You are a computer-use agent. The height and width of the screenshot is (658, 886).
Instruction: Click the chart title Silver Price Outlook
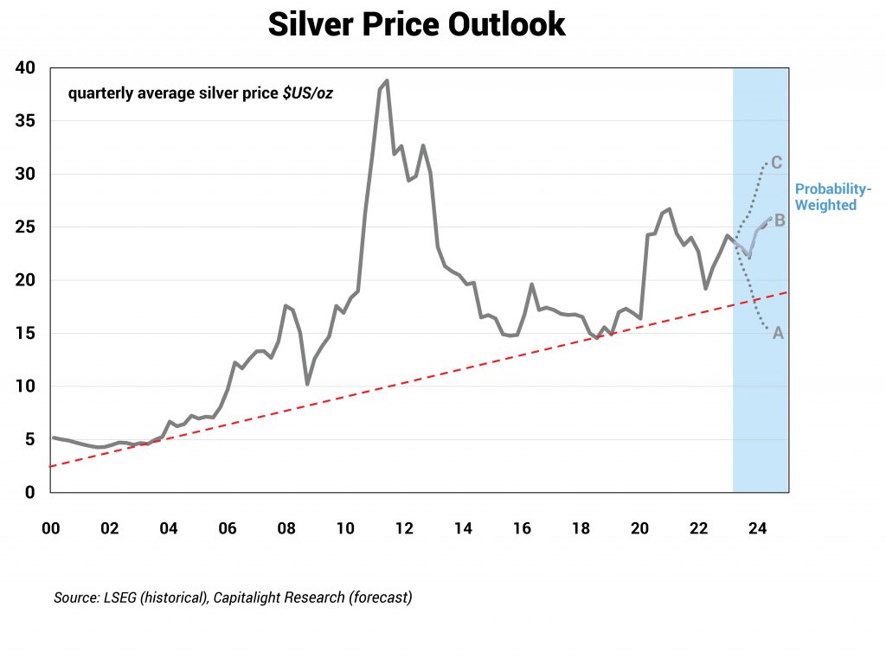416,24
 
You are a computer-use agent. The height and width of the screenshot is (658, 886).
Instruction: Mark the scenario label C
776,163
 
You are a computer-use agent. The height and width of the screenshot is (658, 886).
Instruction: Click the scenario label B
779,220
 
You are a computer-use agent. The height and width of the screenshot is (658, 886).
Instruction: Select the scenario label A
777,333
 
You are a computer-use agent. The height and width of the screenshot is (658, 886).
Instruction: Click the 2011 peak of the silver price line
387,80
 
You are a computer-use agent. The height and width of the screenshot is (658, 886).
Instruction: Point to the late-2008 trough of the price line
307,384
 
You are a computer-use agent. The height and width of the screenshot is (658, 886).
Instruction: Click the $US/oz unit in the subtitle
308,93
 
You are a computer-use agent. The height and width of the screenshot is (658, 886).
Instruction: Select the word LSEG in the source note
121,597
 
